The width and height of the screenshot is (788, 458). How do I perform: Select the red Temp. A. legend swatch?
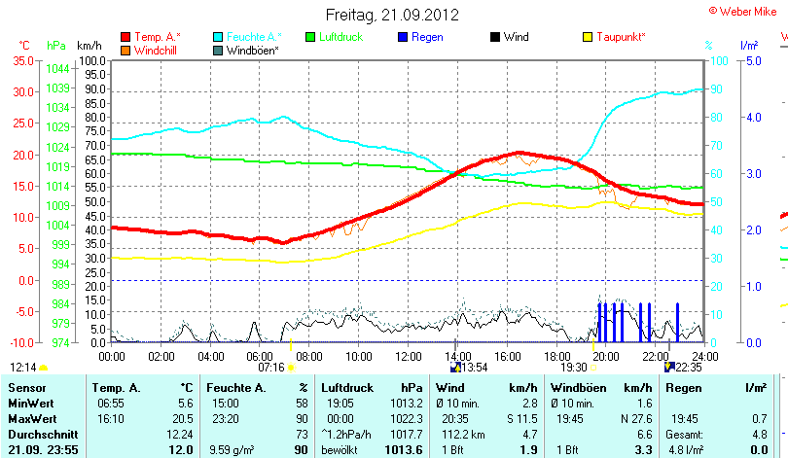[x=125, y=37]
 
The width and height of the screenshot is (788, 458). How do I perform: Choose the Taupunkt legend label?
[x=621, y=37]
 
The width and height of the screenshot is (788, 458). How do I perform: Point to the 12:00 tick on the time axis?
[x=407, y=357]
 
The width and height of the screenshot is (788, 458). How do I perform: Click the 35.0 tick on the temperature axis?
[x=24, y=60]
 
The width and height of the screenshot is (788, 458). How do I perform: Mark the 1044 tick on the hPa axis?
[x=56, y=68]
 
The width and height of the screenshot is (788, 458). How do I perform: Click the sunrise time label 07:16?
[x=270, y=368]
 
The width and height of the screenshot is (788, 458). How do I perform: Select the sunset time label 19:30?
[x=574, y=368]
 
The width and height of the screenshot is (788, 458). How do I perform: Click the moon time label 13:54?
[x=474, y=368]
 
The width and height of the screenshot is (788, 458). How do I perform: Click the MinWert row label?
[x=25, y=403]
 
